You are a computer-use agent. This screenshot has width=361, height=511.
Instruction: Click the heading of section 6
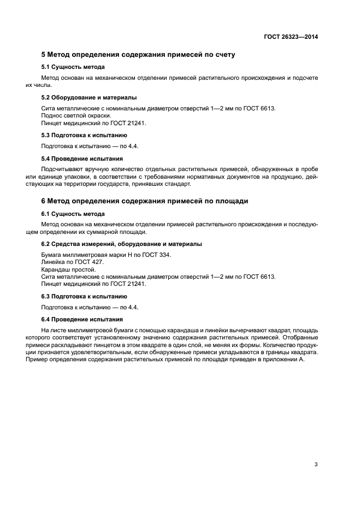(145, 201)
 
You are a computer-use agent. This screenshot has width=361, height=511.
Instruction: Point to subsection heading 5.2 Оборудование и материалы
(89, 97)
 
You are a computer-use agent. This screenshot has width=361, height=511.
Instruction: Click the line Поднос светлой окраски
(76, 116)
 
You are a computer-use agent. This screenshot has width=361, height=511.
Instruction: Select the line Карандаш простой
(68, 269)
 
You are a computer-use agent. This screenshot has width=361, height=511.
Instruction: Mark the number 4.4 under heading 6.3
(132, 307)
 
